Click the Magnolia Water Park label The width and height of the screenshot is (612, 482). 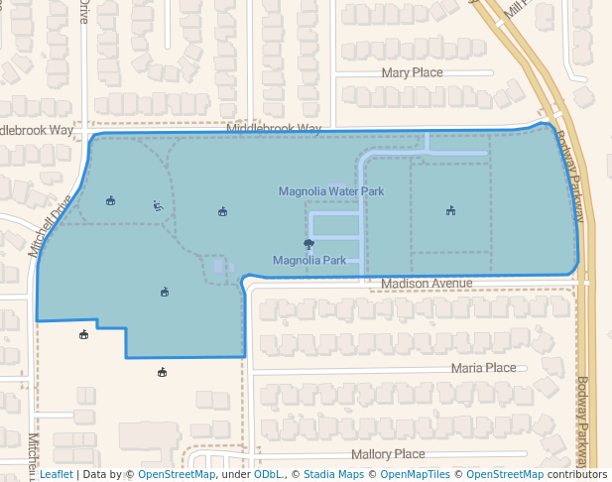tap(330, 191)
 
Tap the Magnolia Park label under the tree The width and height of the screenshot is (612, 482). tap(308, 261)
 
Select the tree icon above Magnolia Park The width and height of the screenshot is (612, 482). tap(308, 244)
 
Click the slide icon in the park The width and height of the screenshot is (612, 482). tap(158, 206)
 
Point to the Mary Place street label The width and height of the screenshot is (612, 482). tap(412, 73)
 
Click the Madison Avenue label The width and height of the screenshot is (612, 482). tap(427, 284)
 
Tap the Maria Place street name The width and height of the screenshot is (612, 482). tap(483, 368)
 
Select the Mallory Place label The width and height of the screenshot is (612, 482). tap(388, 454)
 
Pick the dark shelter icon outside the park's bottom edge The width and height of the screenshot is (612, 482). tap(162, 373)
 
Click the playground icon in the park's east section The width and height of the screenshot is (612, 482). tap(450, 210)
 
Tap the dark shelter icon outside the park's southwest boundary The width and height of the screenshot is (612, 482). tap(84, 334)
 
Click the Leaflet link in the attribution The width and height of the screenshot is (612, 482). tap(56, 475)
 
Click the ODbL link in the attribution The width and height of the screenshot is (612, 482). tap(267, 475)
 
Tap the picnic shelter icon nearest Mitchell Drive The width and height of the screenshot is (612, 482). tap(110, 201)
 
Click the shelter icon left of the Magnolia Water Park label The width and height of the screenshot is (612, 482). tap(222, 211)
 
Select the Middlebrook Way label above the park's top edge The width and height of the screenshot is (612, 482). tap(274, 129)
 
